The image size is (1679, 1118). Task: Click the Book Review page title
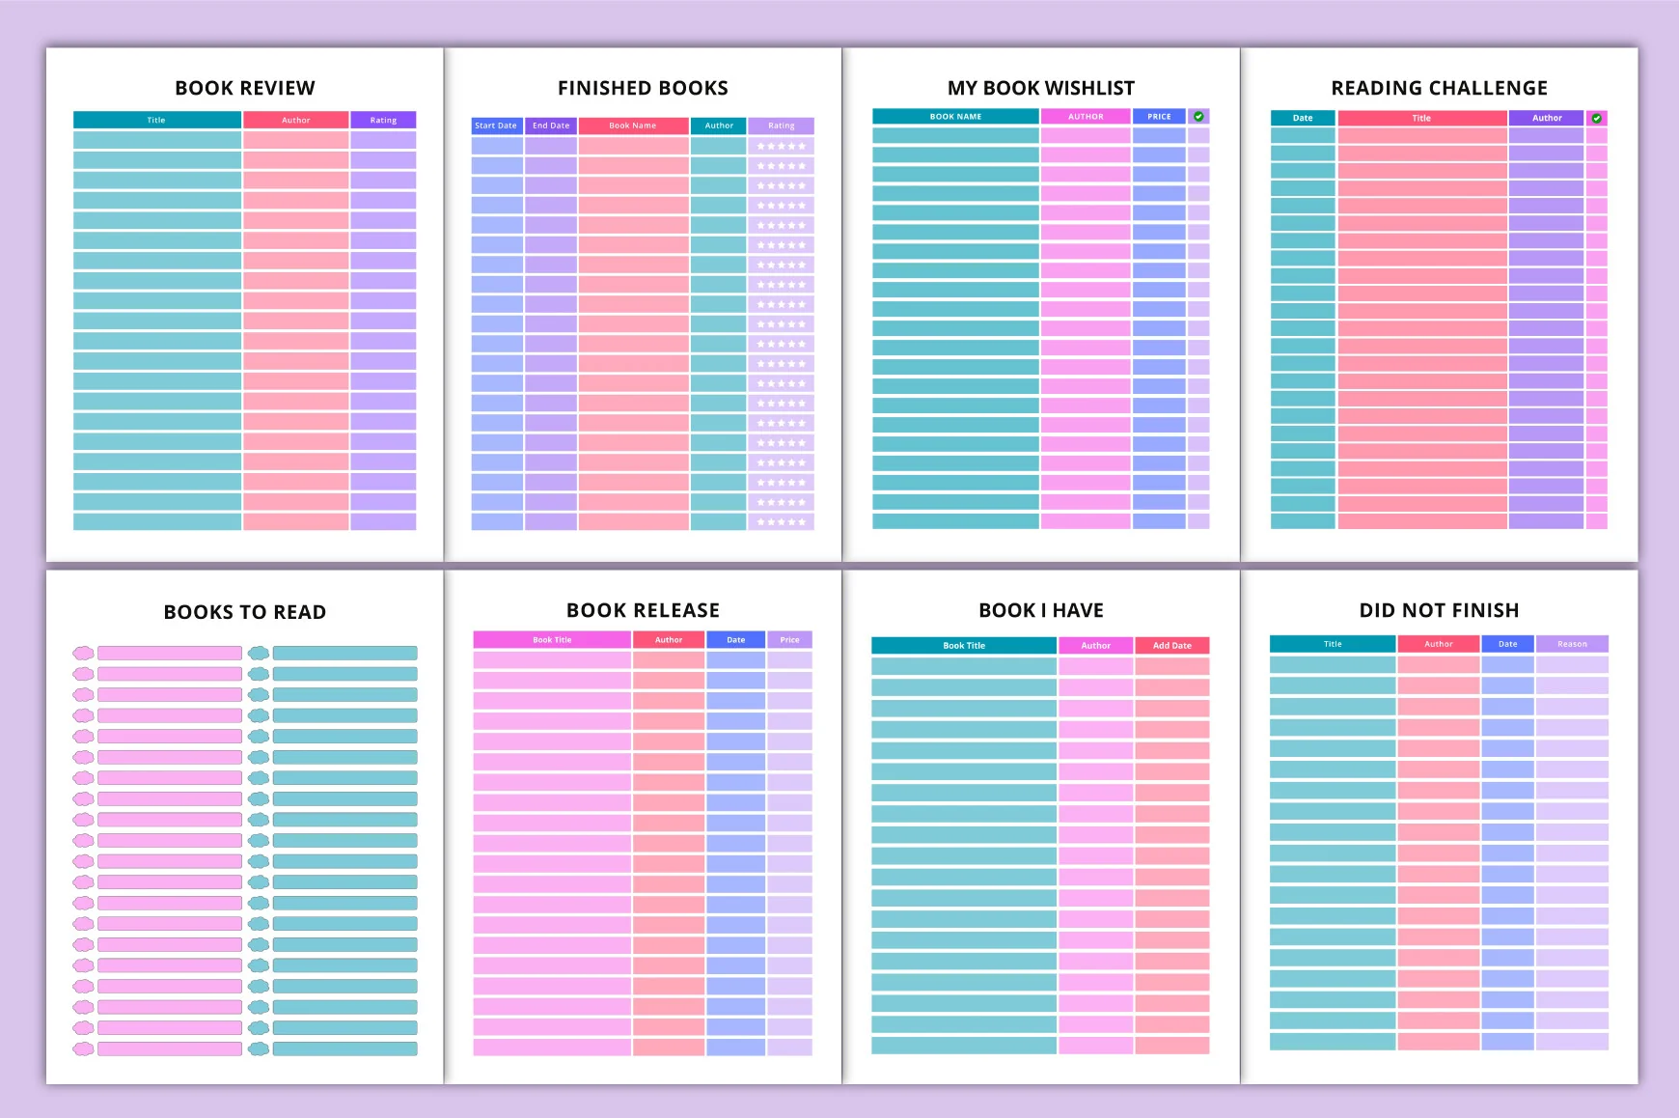[245, 88]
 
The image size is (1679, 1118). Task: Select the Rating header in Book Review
[383, 120]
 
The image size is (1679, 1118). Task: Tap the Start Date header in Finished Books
[496, 126]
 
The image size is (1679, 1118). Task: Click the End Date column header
[551, 126]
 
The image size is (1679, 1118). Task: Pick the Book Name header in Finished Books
[633, 126]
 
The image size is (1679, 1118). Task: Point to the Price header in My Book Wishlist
[1159, 117]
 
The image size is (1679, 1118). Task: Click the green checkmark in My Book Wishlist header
[1198, 116]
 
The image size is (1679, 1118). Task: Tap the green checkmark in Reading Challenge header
[1597, 118]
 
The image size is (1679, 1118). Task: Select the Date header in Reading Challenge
[1303, 118]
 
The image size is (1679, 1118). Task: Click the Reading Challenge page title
[1439, 88]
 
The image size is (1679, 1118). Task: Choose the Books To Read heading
[245, 612]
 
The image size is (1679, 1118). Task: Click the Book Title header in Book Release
[552, 640]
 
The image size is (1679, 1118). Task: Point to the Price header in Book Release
[789, 640]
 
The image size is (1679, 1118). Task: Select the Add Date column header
[1172, 646]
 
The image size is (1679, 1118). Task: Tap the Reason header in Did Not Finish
[1572, 644]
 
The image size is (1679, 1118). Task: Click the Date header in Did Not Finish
[1507, 644]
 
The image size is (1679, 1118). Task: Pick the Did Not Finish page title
[1439, 610]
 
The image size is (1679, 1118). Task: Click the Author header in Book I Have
[1095, 646]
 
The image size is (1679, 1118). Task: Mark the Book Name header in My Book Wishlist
[955, 117]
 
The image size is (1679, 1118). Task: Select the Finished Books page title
[643, 88]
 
